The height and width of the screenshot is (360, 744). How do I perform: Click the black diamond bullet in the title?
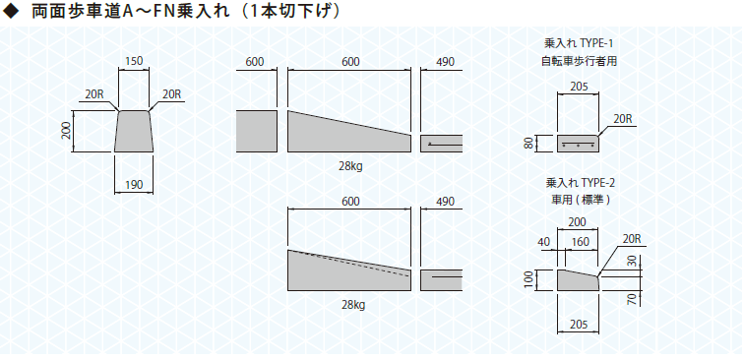pyautogui.click(x=11, y=12)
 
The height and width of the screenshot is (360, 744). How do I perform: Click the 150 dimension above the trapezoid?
pyautogui.click(x=133, y=61)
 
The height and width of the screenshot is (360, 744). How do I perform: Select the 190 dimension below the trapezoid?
pyautogui.click(x=133, y=185)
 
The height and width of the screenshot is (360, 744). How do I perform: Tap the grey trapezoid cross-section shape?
pyautogui.click(x=134, y=132)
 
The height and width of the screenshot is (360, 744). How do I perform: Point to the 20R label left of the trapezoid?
pyautogui.click(x=94, y=93)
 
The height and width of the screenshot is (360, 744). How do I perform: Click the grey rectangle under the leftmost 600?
pyautogui.click(x=256, y=132)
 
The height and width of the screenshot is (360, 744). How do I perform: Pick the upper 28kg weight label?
pyautogui.click(x=351, y=166)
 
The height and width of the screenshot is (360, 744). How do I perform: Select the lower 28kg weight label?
pyautogui.click(x=353, y=305)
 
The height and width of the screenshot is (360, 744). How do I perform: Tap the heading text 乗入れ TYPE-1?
pyautogui.click(x=579, y=43)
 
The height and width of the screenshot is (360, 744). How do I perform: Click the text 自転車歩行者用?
pyautogui.click(x=579, y=61)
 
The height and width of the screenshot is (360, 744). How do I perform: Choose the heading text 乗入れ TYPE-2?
pyautogui.click(x=581, y=183)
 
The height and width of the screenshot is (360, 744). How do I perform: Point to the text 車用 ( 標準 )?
pyautogui.click(x=581, y=200)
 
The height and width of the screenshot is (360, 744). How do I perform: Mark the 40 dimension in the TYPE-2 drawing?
pyautogui.click(x=544, y=242)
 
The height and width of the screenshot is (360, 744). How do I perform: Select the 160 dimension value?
pyautogui.click(x=580, y=242)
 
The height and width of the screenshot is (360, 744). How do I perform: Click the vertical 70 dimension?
pyautogui.click(x=632, y=299)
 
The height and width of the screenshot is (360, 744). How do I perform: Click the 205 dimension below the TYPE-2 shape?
pyautogui.click(x=579, y=325)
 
